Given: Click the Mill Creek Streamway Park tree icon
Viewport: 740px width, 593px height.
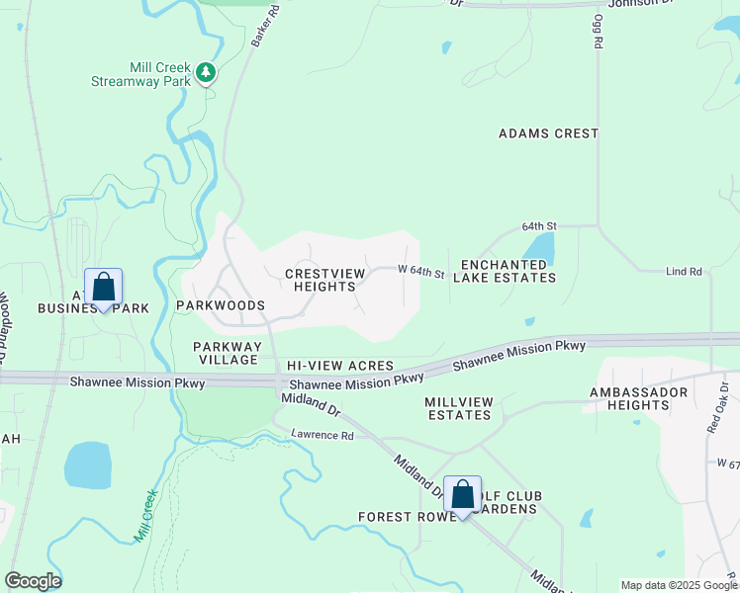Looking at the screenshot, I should point(206,72).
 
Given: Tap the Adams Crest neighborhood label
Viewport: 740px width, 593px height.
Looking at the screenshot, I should point(548,133).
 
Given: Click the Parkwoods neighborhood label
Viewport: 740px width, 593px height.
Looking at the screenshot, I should point(221,306).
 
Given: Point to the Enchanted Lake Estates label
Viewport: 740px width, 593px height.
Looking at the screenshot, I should point(505,272).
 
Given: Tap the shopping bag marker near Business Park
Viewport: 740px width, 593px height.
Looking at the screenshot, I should point(103,289).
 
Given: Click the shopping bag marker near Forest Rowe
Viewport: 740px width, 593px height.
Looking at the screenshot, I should point(462,495).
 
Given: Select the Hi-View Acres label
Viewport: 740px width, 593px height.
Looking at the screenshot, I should point(340,366).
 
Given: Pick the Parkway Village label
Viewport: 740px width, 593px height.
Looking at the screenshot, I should point(227,353).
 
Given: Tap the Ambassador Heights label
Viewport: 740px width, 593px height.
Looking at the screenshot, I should point(643,398).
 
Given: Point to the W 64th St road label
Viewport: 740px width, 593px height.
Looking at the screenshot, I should point(421,271).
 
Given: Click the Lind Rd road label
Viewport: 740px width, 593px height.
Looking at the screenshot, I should point(684,272).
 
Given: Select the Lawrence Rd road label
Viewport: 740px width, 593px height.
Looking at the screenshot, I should point(322,435).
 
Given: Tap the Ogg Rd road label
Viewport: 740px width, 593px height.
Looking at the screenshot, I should point(598,33).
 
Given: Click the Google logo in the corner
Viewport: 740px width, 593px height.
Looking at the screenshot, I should point(33,581).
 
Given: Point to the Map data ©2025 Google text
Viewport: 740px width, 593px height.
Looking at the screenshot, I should point(679,585).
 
